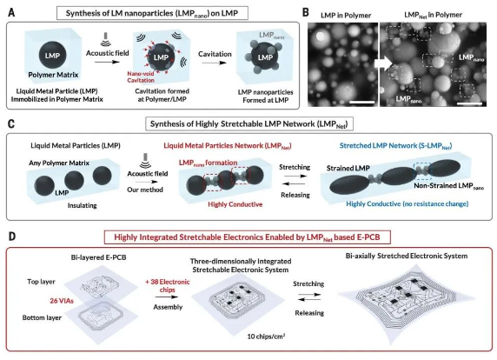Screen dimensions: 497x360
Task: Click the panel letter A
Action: [x=11, y=13]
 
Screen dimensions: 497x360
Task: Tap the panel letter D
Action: [x=11, y=237]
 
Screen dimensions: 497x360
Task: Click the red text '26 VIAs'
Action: [x=62, y=300]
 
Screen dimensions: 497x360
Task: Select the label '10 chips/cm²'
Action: [x=266, y=336]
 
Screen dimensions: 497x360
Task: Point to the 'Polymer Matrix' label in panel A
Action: [x=53, y=75]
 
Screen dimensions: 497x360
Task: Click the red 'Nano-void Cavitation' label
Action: [x=141, y=77]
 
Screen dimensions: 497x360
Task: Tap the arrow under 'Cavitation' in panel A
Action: [x=215, y=63]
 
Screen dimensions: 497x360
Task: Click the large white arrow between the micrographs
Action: [x=383, y=63]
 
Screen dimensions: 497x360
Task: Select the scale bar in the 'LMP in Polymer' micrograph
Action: [x=361, y=102]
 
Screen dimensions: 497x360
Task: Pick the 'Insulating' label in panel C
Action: [x=82, y=205]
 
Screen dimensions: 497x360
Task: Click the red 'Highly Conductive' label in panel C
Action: [x=235, y=204]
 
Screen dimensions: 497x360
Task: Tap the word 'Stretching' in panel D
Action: [x=308, y=283]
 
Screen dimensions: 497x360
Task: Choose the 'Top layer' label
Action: [x=41, y=282]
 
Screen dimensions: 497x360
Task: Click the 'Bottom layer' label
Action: [x=42, y=317]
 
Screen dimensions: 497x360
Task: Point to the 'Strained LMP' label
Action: [x=348, y=168]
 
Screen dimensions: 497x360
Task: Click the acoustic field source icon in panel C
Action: [x=145, y=161]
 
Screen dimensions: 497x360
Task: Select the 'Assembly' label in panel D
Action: [x=168, y=307]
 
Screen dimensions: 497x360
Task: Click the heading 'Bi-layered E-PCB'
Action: [x=98, y=257]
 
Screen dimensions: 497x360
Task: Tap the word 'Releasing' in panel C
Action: [x=295, y=195]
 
